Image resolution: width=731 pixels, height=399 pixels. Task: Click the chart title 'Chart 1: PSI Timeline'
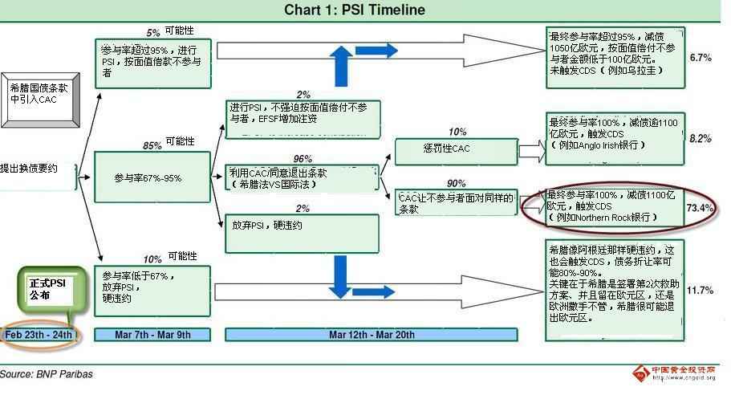pos(355,10)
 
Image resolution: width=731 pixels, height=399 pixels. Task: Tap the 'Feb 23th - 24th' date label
pos(39,334)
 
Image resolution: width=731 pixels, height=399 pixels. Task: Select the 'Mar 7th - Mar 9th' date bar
pos(152,334)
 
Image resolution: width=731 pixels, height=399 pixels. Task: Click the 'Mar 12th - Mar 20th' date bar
pos(372,334)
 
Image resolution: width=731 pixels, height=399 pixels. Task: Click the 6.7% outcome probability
pos(701,58)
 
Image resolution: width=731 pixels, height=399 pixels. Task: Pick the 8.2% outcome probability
pos(701,139)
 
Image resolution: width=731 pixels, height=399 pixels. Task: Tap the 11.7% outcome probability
pos(701,290)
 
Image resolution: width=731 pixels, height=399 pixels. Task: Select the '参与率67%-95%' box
pos(152,177)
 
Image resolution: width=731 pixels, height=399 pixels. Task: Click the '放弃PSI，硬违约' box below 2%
pos(302,230)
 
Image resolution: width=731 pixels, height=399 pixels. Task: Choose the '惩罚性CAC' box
pos(453,150)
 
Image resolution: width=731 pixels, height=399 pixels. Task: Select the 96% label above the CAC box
pos(303,158)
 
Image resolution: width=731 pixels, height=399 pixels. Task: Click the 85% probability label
pos(151,145)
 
